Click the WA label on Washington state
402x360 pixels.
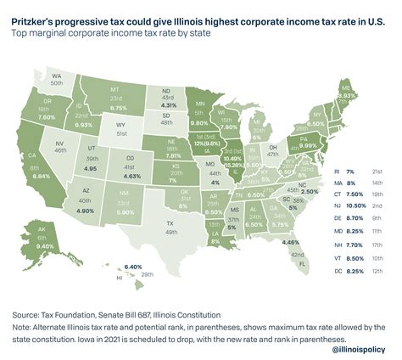[x=56, y=74]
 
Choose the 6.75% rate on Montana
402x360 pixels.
[x=120, y=108]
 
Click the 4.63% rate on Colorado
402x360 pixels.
[x=131, y=177]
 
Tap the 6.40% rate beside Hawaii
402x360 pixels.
[x=109, y=267]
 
